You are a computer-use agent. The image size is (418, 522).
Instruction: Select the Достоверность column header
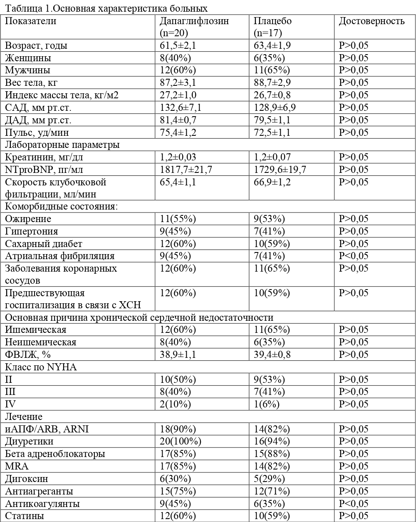[x=371, y=21]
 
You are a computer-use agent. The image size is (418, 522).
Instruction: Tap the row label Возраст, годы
[x=36, y=46]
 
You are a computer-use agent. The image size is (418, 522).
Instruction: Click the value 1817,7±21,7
[x=186, y=170]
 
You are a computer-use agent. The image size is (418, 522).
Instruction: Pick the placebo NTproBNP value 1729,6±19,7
[x=280, y=170]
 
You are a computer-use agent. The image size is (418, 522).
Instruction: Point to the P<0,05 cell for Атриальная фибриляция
[x=354, y=256]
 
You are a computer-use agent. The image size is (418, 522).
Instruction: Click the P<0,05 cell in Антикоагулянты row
[x=354, y=504]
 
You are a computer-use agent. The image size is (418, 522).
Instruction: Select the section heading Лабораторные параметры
[x=62, y=145]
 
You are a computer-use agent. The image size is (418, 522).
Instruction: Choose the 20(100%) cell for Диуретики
[x=181, y=441]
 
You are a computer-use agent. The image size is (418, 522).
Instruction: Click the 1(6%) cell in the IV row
[x=267, y=404]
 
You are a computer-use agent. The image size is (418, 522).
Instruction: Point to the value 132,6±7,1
[x=181, y=108]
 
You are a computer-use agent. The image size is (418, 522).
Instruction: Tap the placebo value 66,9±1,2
[x=272, y=182]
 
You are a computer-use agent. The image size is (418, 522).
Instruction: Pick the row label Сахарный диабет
[x=44, y=244]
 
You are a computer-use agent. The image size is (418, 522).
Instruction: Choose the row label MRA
[x=15, y=466]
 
